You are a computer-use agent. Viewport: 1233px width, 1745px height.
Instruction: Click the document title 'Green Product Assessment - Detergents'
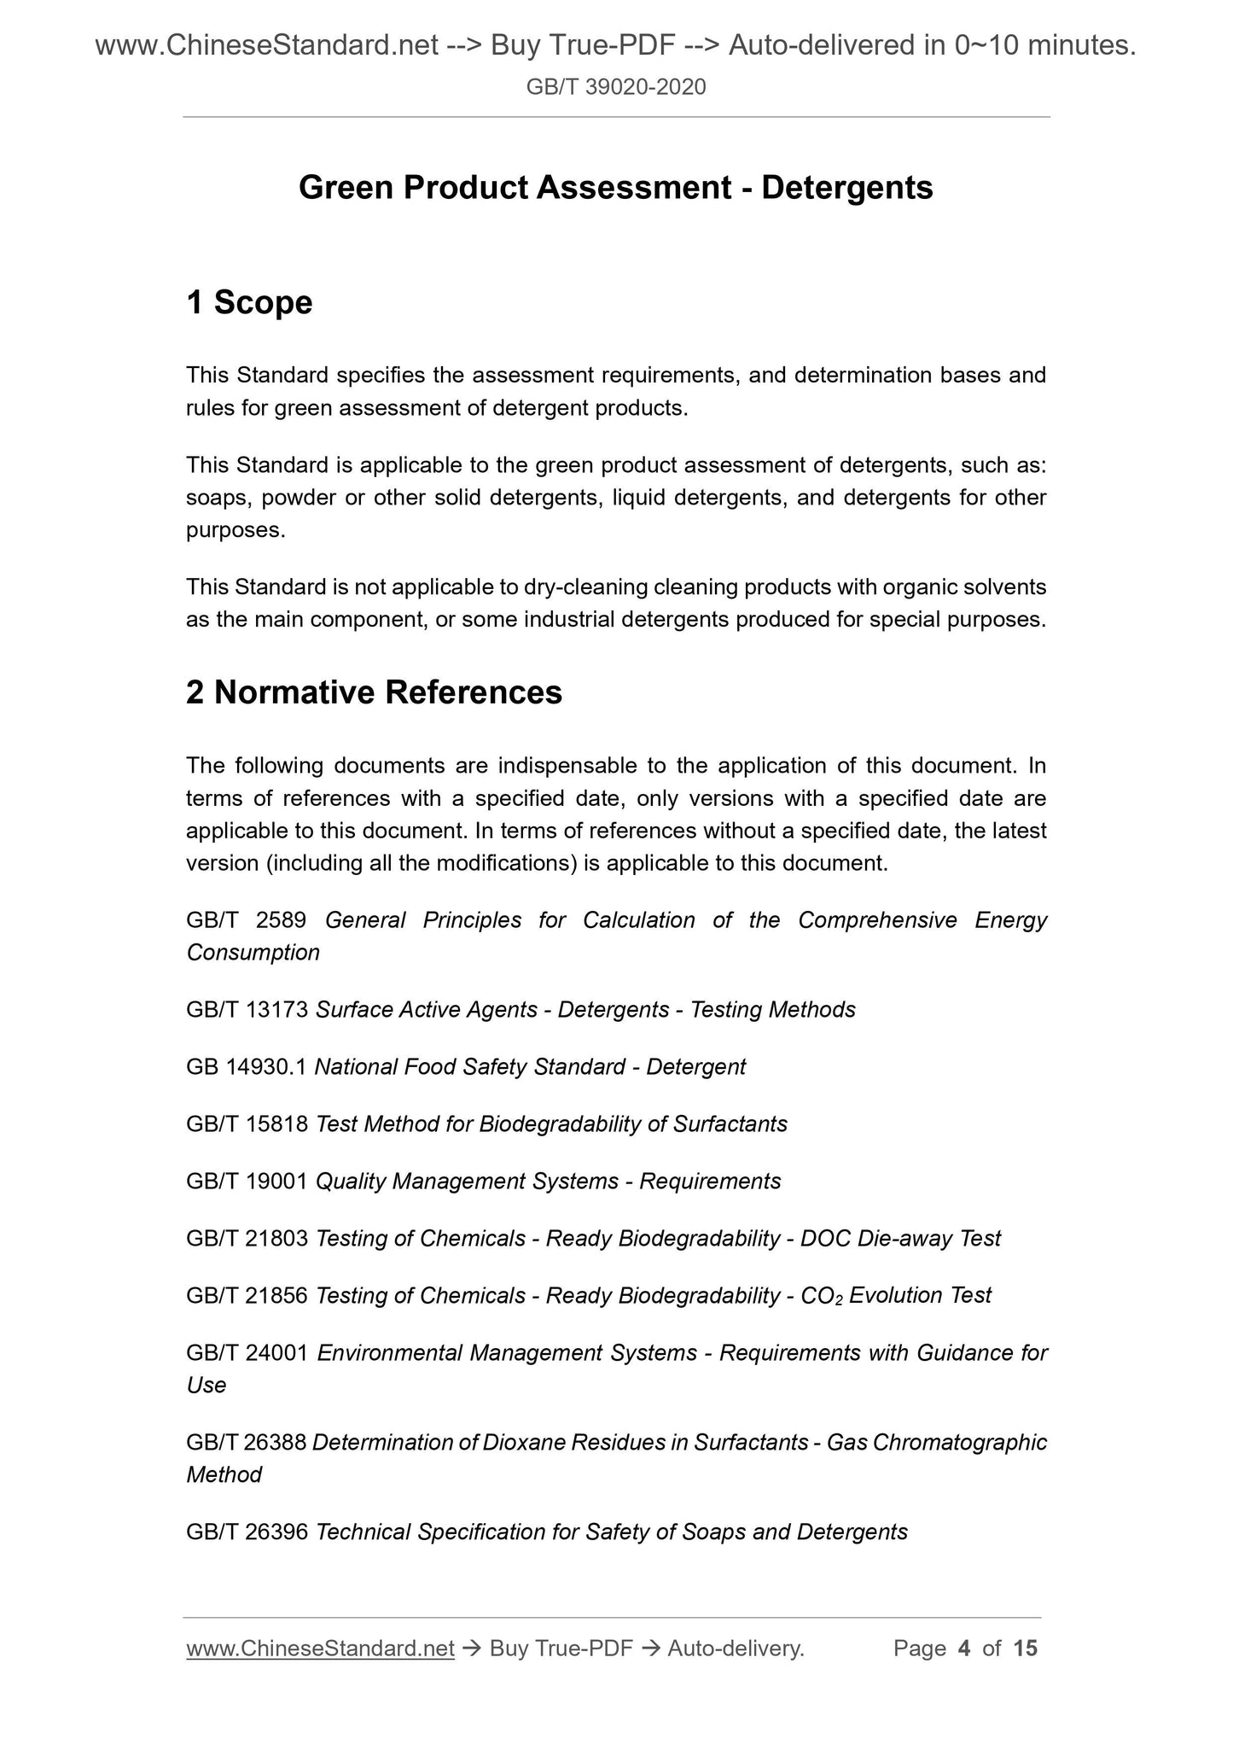click(615, 188)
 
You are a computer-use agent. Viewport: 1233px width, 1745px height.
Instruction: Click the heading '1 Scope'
click(249, 303)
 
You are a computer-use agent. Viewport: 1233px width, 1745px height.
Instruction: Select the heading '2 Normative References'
click(374, 692)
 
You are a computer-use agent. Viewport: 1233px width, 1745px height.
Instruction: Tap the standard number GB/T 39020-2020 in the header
click(616, 87)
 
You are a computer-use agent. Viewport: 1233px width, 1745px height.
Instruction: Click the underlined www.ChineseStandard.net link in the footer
click(320, 1649)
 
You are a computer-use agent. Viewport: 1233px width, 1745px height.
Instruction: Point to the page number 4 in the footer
click(964, 1649)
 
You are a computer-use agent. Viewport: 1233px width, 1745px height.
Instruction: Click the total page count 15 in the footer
click(1025, 1649)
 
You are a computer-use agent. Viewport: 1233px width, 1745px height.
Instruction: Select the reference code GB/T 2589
click(247, 920)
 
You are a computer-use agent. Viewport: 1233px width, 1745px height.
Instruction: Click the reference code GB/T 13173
click(247, 1010)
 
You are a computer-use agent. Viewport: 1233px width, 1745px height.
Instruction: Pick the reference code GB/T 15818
click(247, 1124)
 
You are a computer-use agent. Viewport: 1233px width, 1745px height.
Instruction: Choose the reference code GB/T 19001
click(247, 1182)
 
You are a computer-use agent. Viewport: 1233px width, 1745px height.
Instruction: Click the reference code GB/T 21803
click(247, 1239)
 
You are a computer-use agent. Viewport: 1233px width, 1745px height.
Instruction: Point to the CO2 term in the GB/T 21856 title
click(821, 1296)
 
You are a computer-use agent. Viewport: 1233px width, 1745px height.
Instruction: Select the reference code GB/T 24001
click(247, 1353)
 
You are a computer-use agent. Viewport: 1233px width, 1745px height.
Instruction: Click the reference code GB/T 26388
click(246, 1443)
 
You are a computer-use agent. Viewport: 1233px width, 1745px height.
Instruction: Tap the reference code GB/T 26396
click(247, 1532)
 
